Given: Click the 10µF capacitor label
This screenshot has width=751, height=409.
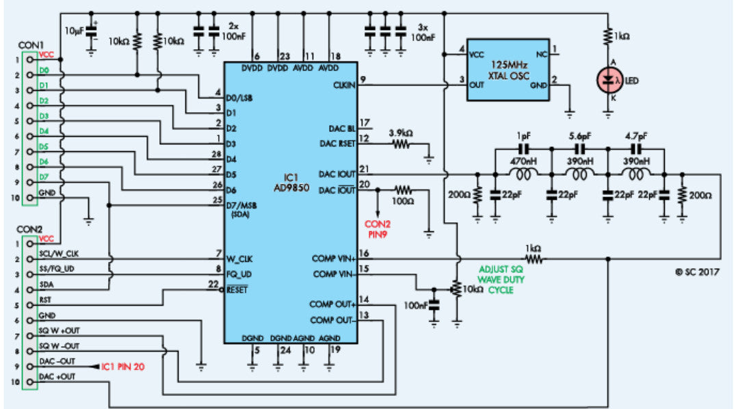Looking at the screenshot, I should click(x=75, y=31).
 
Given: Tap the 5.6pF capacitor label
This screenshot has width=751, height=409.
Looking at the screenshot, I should click(x=580, y=135).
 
